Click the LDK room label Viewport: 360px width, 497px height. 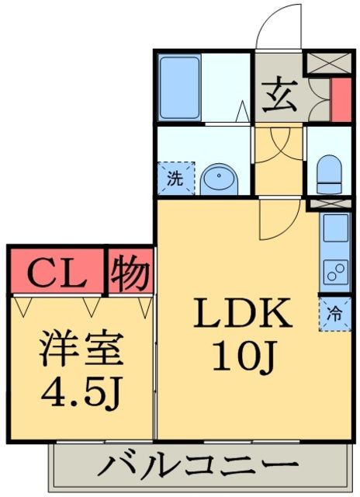pyautogui.click(x=242, y=314)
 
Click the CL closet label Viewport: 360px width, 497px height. pyautogui.click(x=55, y=272)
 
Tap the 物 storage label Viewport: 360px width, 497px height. pyautogui.click(x=129, y=272)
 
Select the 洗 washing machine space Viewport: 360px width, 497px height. pyautogui.click(x=176, y=177)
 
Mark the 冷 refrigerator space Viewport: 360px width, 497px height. pyautogui.click(x=334, y=315)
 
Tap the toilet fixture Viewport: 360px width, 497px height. pyautogui.click(x=330, y=173)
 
